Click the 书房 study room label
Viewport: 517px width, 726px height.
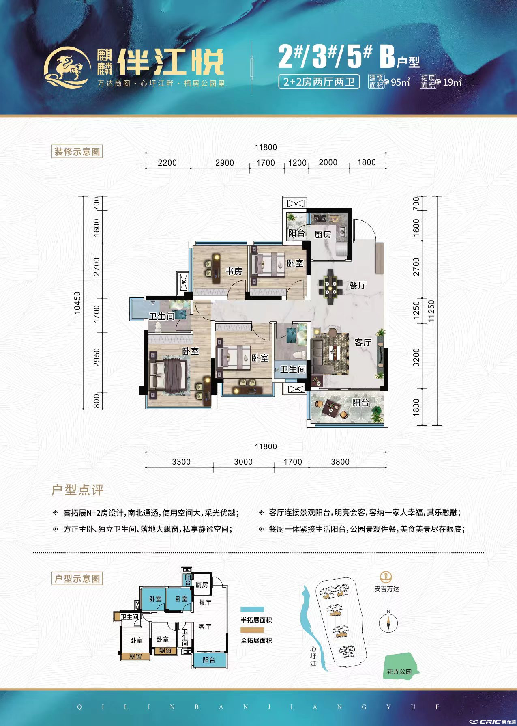point(234,271)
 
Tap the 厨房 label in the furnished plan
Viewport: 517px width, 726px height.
point(323,234)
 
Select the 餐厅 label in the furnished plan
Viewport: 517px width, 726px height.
point(358,285)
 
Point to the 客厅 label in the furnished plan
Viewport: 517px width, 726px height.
point(363,343)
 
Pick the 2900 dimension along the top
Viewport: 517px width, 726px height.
point(225,163)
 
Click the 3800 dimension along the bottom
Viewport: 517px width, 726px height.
point(340,462)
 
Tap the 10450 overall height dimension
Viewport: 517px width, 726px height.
point(77,303)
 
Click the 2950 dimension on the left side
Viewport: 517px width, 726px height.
point(97,357)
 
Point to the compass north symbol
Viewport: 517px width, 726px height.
point(388,623)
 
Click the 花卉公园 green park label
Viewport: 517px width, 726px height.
point(399,672)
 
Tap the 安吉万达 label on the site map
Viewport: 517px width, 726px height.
point(387,589)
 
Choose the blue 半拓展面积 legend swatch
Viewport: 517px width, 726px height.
point(252,610)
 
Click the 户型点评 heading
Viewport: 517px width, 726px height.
point(77,490)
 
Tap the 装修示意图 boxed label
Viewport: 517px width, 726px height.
point(77,152)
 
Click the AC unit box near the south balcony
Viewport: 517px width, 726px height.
point(296,389)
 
